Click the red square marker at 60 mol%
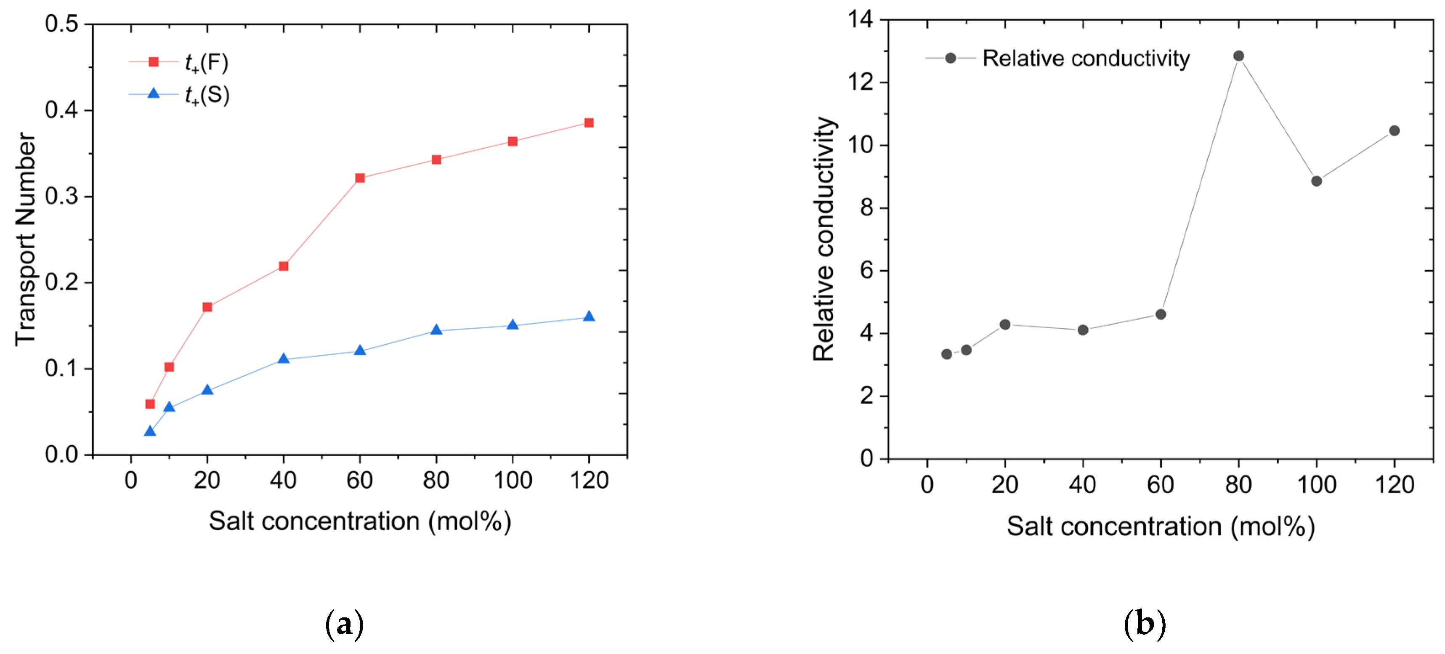click(x=360, y=178)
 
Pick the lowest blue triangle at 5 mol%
click(x=150, y=431)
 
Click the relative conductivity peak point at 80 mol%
click(x=1238, y=56)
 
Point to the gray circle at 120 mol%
click(x=1395, y=131)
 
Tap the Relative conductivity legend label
click(x=1086, y=58)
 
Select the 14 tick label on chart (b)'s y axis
click(x=861, y=20)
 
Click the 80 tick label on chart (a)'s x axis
click(x=436, y=481)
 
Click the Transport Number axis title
click(x=25, y=239)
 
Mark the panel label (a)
click(x=345, y=624)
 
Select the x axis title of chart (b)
click(x=1160, y=526)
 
